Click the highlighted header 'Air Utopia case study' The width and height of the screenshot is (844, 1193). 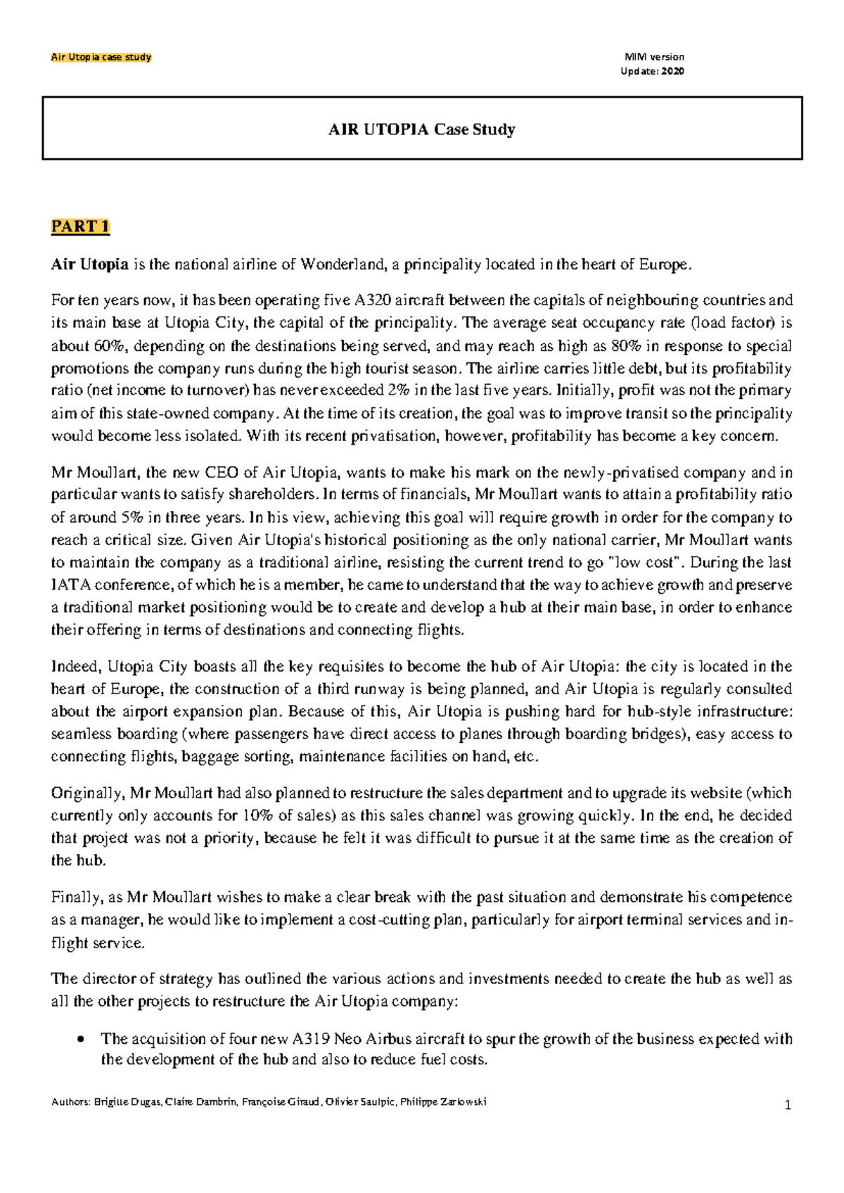101,57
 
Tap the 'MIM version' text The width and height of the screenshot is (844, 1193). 653,57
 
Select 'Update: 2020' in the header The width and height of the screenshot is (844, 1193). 652,71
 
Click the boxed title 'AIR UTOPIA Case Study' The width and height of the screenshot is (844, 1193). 422,129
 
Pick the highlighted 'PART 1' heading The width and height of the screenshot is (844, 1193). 80,227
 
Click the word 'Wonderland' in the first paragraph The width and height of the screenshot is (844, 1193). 343,265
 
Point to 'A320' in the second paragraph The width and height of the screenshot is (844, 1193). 369,301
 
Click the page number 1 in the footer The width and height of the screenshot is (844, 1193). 788,1105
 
